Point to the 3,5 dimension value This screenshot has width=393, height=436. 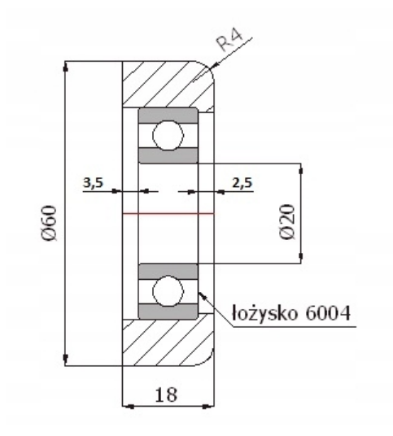pos(94,183)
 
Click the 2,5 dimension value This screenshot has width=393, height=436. pos(242,183)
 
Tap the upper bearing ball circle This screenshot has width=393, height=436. pos(168,133)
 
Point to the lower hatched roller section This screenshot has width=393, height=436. pos(163,342)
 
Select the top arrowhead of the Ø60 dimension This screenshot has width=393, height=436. pos(65,65)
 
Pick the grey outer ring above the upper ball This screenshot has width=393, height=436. pos(168,114)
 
